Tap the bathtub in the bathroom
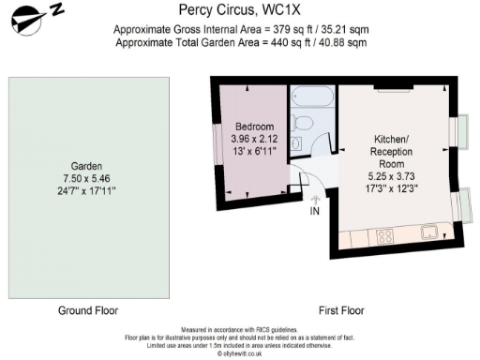coord(307,97)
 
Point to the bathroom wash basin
coord(296,143)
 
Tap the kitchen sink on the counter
coord(429,232)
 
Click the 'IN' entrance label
coord(315,212)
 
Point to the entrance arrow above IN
coord(315,198)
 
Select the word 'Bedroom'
coord(254,127)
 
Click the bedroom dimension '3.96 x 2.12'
coord(254,139)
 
